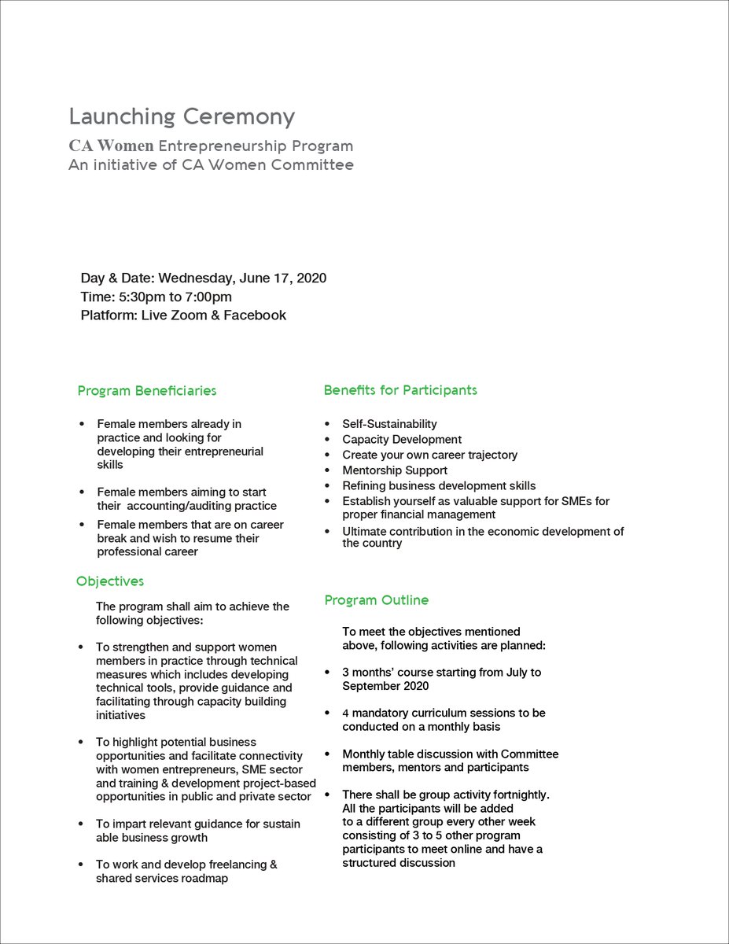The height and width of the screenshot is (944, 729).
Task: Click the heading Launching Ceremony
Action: [x=182, y=117]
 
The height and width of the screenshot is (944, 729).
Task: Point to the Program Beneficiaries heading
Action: [x=147, y=391]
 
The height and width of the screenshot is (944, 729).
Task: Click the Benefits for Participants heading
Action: [x=400, y=390]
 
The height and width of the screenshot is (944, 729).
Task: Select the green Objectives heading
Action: [x=110, y=581]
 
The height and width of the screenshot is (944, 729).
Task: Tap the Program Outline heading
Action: [x=377, y=600]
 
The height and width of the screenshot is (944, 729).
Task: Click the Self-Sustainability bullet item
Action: [x=389, y=424]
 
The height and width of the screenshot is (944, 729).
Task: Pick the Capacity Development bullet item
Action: [x=402, y=440]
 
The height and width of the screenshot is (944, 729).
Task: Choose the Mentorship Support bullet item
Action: [x=395, y=470]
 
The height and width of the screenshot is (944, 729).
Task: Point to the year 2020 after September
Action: [x=414, y=686]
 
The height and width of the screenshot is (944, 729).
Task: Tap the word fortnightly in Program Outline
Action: [x=516, y=795]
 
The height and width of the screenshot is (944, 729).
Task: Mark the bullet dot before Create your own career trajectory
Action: [x=327, y=455]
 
